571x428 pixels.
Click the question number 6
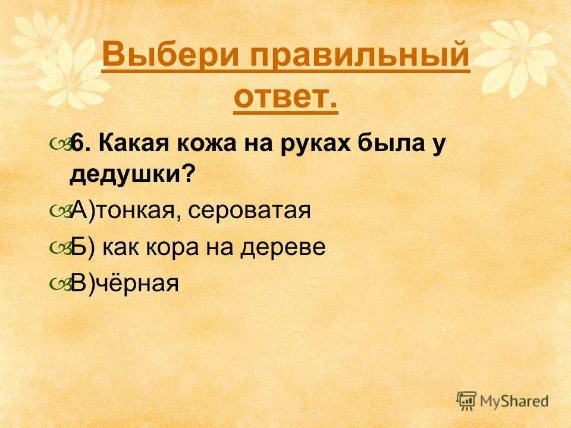coord(79,143)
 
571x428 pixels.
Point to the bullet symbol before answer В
coord(60,284)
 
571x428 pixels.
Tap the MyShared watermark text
coord(514,401)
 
